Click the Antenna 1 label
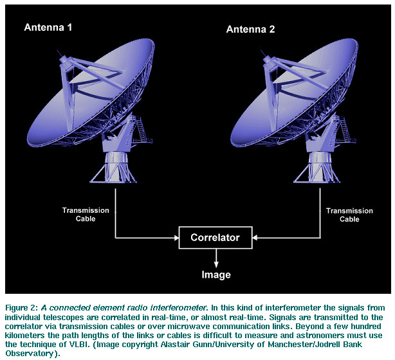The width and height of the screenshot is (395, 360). tap(48, 27)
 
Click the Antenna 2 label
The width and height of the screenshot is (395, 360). tap(250, 29)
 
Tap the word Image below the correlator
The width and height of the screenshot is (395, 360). tap(216, 274)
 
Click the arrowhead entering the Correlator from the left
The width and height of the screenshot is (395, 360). tap(176, 238)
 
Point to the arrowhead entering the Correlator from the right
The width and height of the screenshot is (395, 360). tap(255, 238)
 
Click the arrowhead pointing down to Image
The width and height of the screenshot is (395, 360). tap(216, 264)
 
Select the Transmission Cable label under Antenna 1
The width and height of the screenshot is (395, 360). tap(86, 215)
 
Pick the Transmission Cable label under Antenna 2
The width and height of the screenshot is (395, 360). tap(349, 215)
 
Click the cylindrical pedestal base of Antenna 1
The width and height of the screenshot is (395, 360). tap(116, 161)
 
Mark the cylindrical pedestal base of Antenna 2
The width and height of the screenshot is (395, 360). tap(320, 161)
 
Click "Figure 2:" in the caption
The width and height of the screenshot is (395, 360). tap(22, 308)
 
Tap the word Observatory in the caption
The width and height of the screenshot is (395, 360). tap(29, 354)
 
